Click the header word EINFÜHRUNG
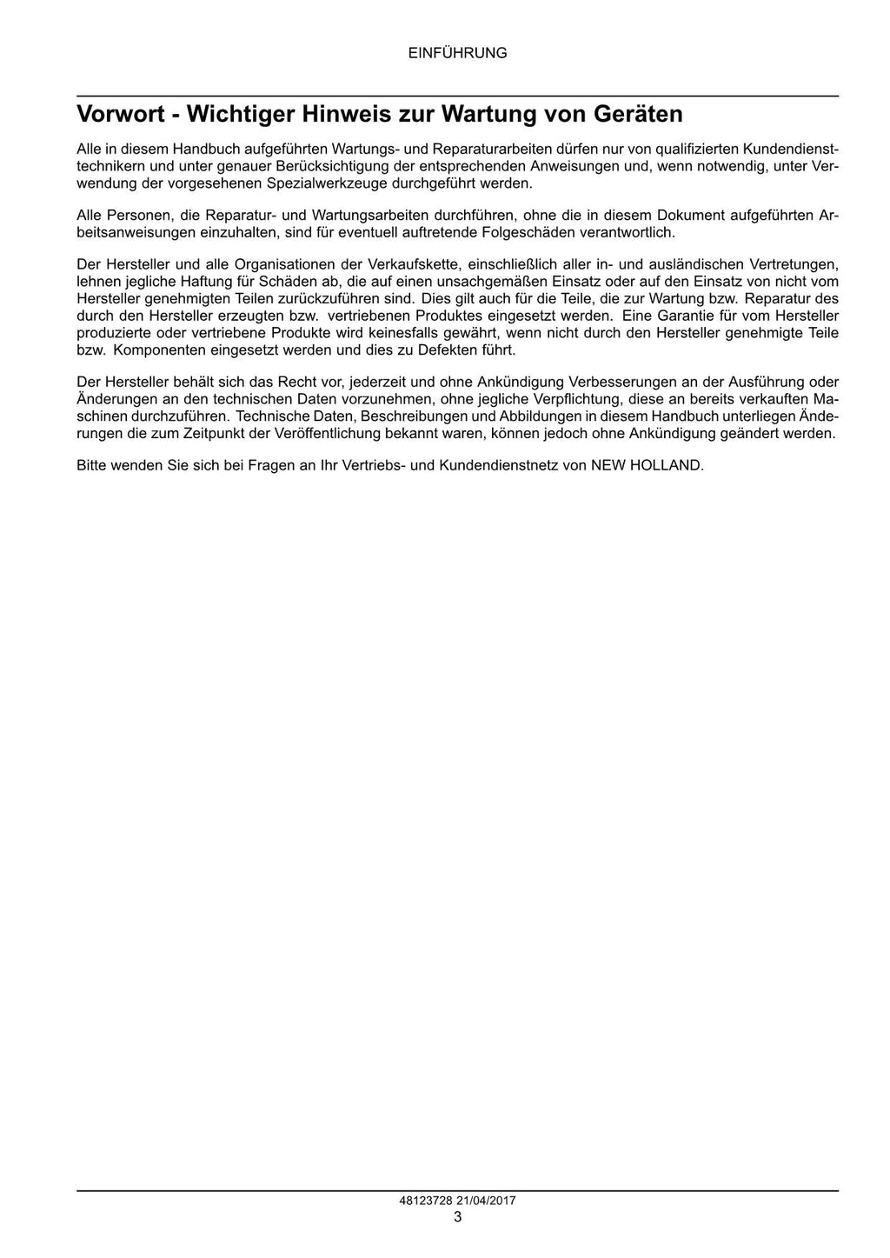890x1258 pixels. pos(457,53)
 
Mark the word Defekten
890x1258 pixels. pos(448,349)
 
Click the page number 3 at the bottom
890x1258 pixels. pos(457,1216)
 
